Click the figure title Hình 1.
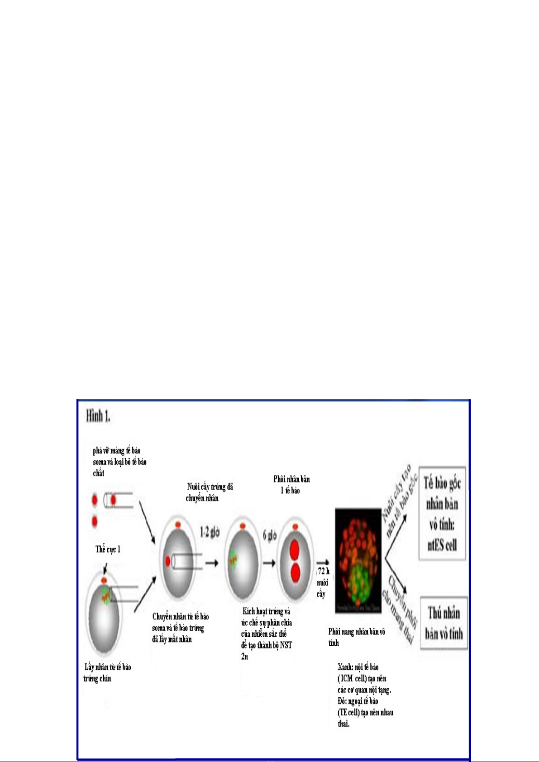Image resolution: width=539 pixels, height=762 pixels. coord(98,416)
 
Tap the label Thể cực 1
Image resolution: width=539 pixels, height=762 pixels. coord(108,549)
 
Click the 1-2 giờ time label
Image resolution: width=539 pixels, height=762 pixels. coord(210,532)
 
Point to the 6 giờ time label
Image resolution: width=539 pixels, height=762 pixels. coord(270,536)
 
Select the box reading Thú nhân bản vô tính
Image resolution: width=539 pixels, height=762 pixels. coord(444,623)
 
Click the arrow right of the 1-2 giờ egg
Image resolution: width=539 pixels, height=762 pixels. coord(211,563)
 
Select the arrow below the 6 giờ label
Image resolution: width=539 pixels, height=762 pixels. coord(269,563)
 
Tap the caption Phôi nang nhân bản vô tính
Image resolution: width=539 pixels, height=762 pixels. coord(356,637)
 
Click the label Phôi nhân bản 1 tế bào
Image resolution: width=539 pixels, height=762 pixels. coord(291,485)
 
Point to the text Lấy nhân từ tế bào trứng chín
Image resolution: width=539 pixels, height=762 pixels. coord(107,672)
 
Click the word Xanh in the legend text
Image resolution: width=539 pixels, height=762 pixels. coord(346,667)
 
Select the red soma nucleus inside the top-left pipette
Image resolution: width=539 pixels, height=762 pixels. coord(113,500)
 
